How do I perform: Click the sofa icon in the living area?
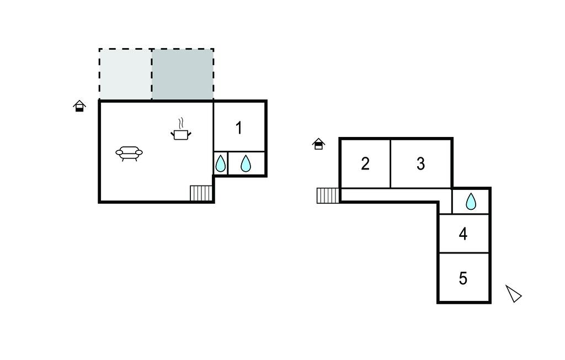(x=129, y=153)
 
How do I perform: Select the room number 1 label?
(x=238, y=128)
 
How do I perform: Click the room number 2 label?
(x=365, y=164)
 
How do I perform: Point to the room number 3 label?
(x=420, y=164)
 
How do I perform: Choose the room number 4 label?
(x=463, y=234)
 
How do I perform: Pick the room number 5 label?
(x=463, y=278)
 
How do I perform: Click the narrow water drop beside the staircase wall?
(x=220, y=163)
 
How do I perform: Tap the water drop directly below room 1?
(x=246, y=163)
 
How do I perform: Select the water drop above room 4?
(x=471, y=202)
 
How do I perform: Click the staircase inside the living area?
(x=201, y=193)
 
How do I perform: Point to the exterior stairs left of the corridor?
(x=328, y=195)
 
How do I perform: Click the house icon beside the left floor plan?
(x=79, y=106)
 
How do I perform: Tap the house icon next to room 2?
(x=318, y=144)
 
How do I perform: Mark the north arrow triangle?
(x=514, y=294)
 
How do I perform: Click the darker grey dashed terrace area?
(x=183, y=75)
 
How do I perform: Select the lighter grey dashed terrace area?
(x=125, y=75)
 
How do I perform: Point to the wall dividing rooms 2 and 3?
(x=391, y=163)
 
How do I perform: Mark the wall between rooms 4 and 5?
(x=464, y=253)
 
